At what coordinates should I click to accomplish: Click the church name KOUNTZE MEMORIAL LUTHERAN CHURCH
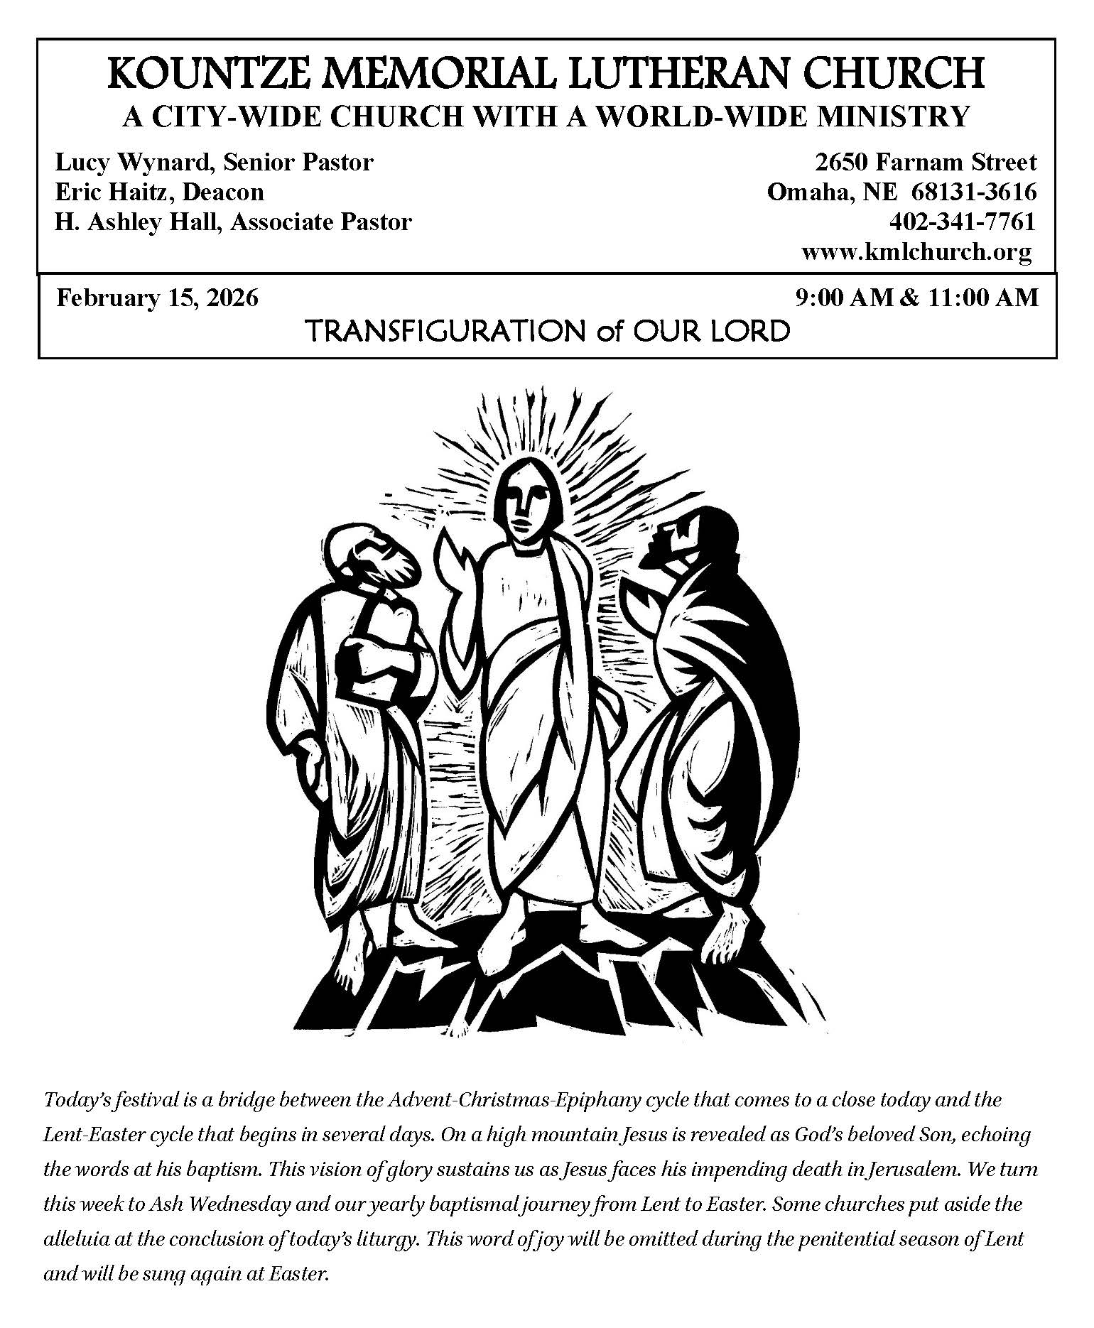[546, 74]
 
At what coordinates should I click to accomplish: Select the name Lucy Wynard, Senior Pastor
[214, 163]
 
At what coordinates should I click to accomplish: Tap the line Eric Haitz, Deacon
[159, 192]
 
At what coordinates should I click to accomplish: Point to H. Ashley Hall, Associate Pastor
[233, 222]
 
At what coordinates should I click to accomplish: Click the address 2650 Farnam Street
[926, 163]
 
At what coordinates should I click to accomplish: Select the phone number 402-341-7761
[962, 222]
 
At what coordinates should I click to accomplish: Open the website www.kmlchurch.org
[916, 251]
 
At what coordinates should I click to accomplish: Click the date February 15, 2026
[157, 297]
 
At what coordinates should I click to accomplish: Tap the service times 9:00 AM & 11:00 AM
[917, 297]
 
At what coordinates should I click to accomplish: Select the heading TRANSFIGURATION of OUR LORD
[546, 331]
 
